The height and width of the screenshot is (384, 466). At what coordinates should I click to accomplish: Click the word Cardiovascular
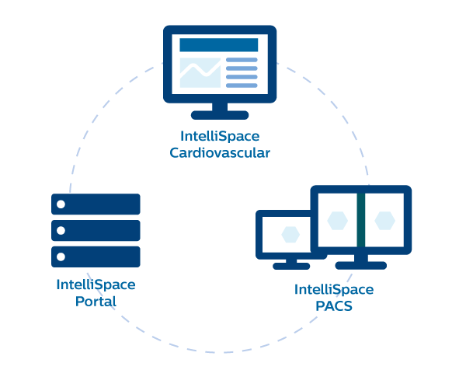pyautogui.click(x=220, y=153)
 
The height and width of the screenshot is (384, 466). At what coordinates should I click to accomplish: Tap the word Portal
pyautogui.click(x=96, y=301)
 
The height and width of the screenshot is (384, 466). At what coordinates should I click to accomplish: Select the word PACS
pyautogui.click(x=334, y=305)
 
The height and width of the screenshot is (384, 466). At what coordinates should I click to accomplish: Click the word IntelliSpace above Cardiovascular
pyautogui.click(x=220, y=137)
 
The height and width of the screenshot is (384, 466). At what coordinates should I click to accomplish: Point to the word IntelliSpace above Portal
pyautogui.click(x=96, y=285)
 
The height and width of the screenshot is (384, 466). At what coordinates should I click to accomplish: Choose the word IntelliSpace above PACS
pyautogui.click(x=334, y=290)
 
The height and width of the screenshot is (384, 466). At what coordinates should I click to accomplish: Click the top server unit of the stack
pyautogui.click(x=96, y=204)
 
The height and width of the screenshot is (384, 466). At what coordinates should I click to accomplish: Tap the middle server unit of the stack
pyautogui.click(x=96, y=230)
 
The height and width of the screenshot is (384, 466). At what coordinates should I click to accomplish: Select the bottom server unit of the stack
pyautogui.click(x=96, y=257)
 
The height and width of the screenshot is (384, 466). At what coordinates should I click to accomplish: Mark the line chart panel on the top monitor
pyautogui.click(x=200, y=72)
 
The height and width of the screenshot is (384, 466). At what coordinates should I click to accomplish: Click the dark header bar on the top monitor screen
pyautogui.click(x=219, y=45)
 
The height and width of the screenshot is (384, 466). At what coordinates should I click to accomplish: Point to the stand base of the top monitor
pyautogui.click(x=220, y=115)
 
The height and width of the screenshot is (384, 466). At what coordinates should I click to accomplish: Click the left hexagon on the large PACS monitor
pyautogui.click(x=336, y=221)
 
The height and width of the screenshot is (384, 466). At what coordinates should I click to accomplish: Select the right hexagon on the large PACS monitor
pyautogui.click(x=384, y=221)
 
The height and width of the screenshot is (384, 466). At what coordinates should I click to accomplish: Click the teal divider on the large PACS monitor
pyautogui.click(x=360, y=221)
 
